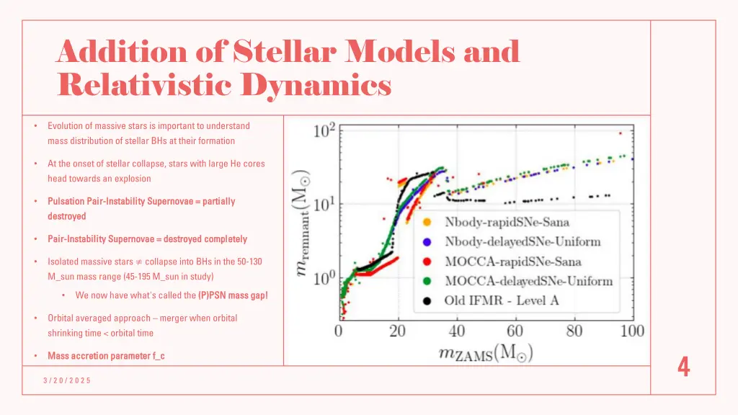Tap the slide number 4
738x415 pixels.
pos(683,368)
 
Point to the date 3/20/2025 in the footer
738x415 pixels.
pos(66,380)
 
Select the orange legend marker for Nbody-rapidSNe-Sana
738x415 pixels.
pos(427,221)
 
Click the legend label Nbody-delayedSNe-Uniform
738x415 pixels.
pos(523,241)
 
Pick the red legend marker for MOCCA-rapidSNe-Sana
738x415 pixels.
pos(427,261)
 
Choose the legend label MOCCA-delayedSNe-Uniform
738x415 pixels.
pos(528,280)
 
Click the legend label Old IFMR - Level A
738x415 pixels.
pos(502,300)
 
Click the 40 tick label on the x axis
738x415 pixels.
pos(457,332)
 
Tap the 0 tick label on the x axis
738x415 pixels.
pos(339,332)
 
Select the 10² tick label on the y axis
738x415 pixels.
pos(324,132)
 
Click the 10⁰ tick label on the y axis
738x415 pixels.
pos(324,277)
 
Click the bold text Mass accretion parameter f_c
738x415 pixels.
pos(106,356)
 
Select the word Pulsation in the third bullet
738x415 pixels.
pos(66,202)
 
